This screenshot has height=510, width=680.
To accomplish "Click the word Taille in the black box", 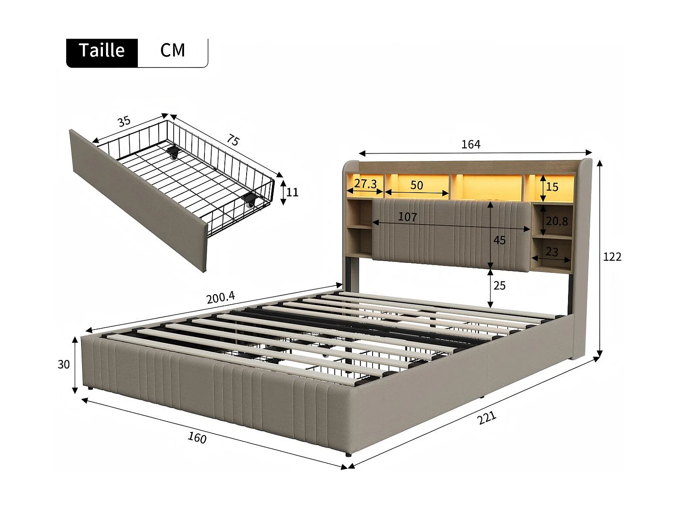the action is coord(102,50).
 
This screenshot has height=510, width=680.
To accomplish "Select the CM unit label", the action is coord(173,50).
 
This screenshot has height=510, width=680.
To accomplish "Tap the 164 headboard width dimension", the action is coord(471,144).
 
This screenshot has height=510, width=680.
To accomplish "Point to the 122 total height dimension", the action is coord(612,257).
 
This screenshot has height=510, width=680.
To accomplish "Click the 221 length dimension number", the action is coord(486,418).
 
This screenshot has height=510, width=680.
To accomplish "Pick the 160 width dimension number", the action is coord(197,438).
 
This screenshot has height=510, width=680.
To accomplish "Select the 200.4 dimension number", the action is coord(221,297).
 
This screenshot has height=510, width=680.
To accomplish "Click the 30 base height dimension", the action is coord(64,364).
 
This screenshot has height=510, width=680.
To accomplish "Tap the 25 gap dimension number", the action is coord(500,286).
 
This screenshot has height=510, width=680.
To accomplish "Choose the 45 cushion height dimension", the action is coord(500,240).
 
